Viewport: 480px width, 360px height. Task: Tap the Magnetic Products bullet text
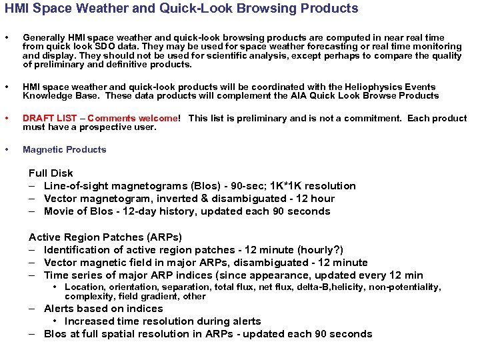click(x=65, y=149)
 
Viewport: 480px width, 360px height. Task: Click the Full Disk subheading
click(x=51, y=173)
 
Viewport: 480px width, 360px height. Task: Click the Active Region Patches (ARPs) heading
click(x=105, y=237)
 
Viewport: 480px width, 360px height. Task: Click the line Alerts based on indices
click(x=103, y=309)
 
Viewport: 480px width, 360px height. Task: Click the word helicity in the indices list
click(x=363, y=287)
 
